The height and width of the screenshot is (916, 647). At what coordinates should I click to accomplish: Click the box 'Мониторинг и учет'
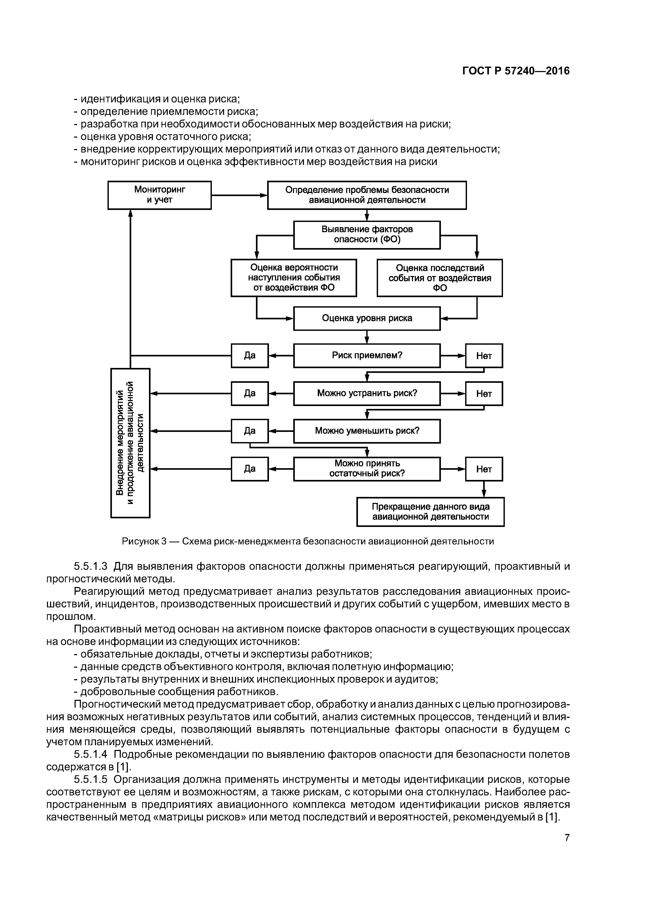159,195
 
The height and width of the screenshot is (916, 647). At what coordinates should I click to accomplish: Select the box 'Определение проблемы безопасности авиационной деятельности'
367,195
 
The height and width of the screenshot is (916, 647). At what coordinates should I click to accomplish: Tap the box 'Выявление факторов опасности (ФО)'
367,234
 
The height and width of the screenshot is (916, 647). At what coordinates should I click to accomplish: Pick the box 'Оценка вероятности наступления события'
293,278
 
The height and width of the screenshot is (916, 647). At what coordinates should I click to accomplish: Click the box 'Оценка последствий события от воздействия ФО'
439,278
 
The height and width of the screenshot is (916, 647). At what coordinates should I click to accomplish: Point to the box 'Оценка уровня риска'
367,318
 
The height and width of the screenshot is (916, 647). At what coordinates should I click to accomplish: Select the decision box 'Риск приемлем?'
367,355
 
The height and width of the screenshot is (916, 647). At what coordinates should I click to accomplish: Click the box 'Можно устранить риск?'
367,393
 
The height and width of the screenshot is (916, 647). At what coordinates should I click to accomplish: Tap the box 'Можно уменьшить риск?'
367,431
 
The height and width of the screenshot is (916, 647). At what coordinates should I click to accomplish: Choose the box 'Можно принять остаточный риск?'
367,469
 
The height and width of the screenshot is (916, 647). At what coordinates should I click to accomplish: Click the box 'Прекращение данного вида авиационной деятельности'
430,512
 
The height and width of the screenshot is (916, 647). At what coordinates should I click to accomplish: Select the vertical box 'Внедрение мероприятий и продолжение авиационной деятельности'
130,443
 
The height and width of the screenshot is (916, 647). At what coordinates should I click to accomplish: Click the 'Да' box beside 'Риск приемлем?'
250,355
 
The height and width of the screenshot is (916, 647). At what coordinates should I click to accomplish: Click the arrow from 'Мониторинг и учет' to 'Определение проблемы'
239,195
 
